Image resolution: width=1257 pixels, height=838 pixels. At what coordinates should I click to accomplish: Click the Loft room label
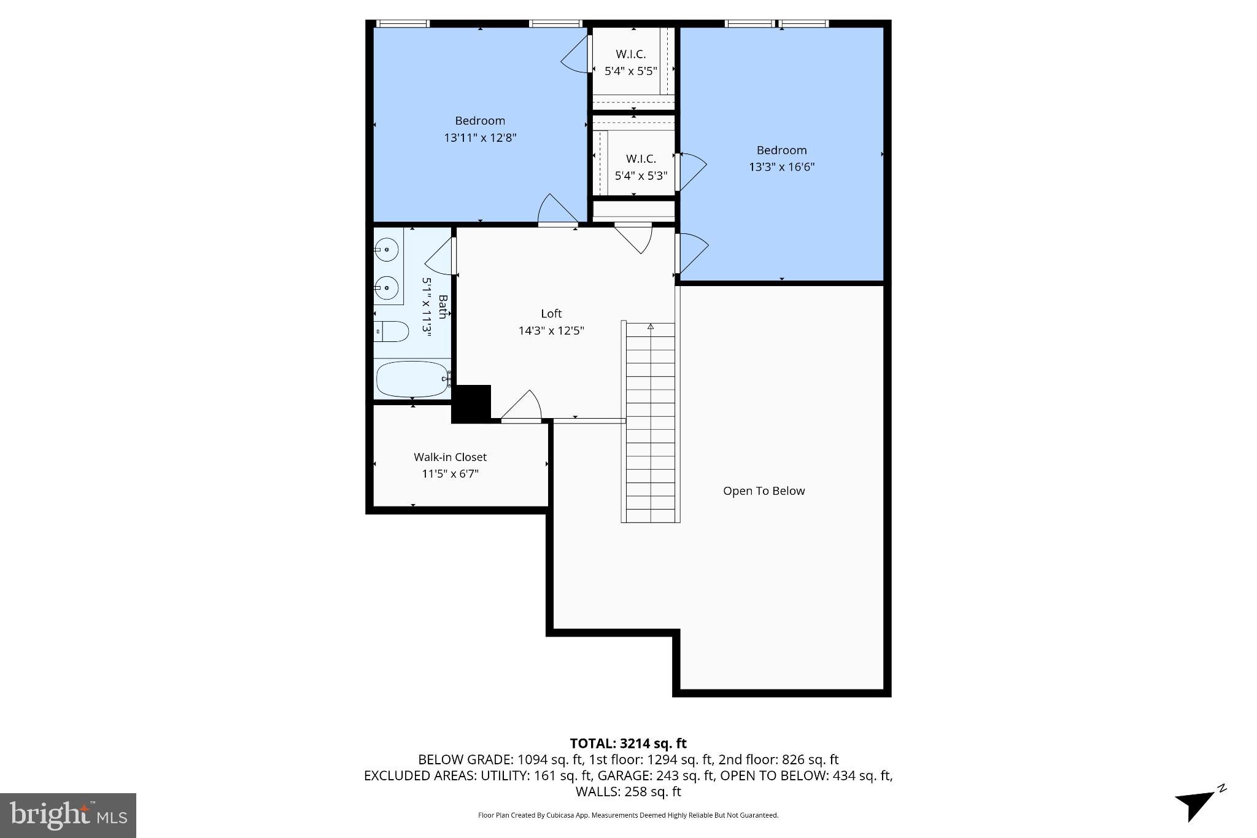click(x=551, y=314)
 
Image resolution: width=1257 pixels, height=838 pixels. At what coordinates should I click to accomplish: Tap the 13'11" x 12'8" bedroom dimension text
click(x=480, y=138)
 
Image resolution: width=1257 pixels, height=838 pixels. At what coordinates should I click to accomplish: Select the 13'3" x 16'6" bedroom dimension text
click(x=781, y=167)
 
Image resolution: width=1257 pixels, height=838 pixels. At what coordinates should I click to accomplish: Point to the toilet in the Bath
click(x=391, y=332)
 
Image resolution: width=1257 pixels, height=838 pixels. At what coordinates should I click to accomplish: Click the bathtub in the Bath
click(x=412, y=379)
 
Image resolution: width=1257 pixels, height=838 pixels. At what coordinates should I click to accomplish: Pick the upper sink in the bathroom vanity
click(x=387, y=250)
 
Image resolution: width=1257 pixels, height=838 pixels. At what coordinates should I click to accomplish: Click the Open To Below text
click(x=764, y=491)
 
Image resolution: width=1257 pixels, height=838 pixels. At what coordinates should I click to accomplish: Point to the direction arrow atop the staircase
click(x=651, y=327)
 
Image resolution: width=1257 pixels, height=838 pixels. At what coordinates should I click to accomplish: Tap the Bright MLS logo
click(x=68, y=815)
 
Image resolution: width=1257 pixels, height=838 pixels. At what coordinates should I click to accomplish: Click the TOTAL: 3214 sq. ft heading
click(x=628, y=744)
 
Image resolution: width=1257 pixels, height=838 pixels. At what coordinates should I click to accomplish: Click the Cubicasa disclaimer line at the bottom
click(x=628, y=815)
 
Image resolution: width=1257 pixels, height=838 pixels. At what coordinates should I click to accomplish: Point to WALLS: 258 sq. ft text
click(x=628, y=792)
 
